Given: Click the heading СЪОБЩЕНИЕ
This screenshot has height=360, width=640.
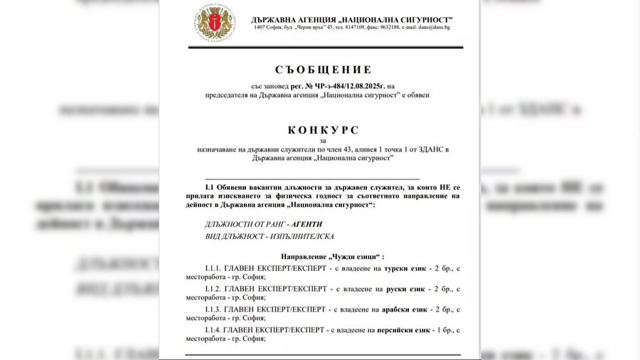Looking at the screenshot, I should coord(323,70).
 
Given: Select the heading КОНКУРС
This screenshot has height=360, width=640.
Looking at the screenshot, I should coord(323,130).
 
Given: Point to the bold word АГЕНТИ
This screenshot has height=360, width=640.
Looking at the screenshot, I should coord(302,223).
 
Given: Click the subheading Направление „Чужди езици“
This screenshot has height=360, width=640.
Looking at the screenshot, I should coord(323,256).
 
